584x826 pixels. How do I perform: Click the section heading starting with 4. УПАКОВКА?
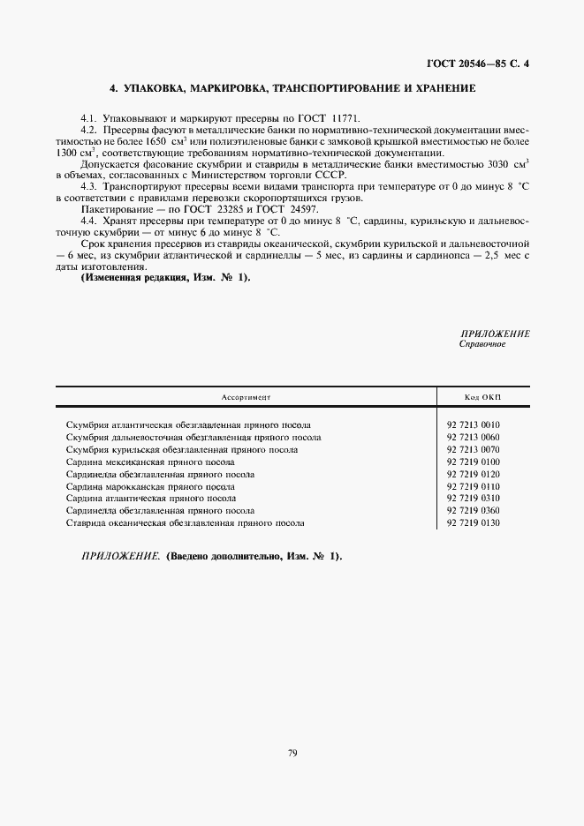292,88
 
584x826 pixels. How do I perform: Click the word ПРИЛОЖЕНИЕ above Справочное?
495,334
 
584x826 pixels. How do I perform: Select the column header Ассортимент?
246,399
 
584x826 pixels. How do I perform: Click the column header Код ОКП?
482,399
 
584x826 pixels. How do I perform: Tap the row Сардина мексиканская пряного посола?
150,462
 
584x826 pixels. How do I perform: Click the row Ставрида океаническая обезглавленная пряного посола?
186,522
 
